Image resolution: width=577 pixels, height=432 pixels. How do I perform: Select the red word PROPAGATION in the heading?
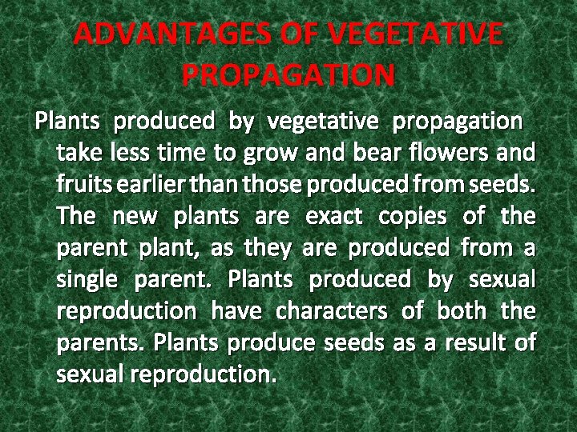288,75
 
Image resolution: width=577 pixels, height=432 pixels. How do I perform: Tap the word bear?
384,153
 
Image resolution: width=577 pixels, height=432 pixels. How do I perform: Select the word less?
132,153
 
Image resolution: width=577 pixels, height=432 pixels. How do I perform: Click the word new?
134,216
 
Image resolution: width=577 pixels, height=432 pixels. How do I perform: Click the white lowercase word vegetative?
323,122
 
